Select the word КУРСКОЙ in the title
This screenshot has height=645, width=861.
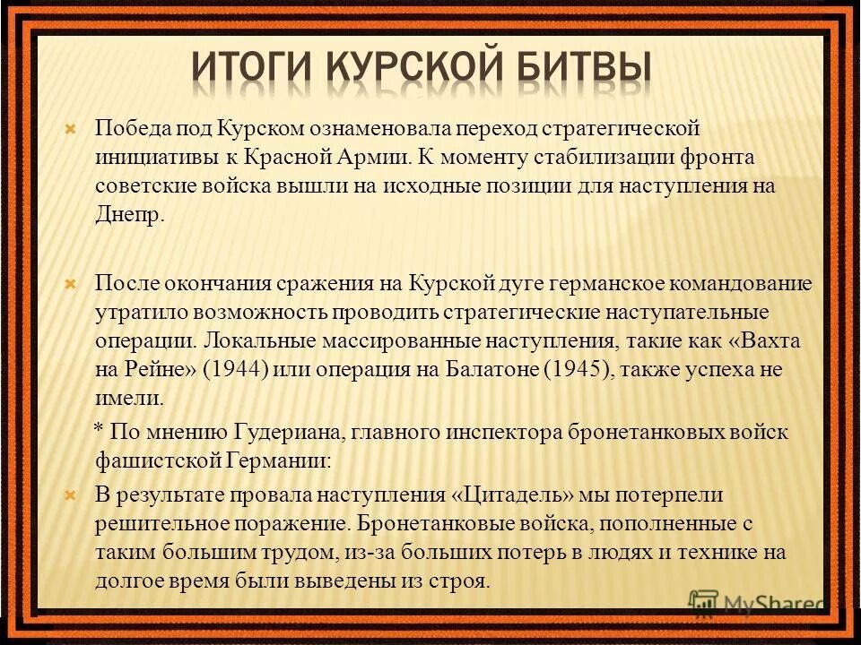(x=416, y=69)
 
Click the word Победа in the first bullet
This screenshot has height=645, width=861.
(x=129, y=128)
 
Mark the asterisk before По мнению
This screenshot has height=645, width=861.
(x=101, y=428)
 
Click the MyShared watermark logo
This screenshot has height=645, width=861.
(x=758, y=604)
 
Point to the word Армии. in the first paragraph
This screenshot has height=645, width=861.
(x=375, y=158)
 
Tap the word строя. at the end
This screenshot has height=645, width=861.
(x=461, y=580)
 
